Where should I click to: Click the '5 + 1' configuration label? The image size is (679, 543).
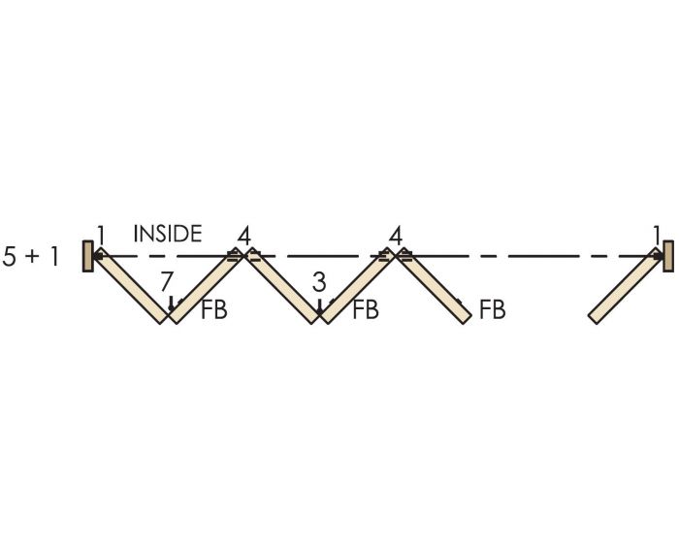click(32, 258)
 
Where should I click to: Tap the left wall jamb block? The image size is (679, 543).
click(87, 257)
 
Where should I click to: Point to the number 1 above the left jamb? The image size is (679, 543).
click(100, 236)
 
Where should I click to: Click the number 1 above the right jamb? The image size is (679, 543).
click(657, 235)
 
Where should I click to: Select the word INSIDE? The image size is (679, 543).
click(168, 234)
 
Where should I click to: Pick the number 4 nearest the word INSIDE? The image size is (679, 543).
click(243, 235)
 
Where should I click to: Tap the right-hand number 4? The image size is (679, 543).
click(395, 235)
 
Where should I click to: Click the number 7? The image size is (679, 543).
click(167, 282)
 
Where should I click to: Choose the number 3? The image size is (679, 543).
click(318, 283)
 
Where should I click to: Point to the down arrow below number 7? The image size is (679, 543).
click(172, 304)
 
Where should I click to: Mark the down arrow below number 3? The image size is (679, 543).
click(319, 306)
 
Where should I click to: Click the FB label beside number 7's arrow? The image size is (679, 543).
click(213, 311)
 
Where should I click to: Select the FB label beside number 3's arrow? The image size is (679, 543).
click(365, 311)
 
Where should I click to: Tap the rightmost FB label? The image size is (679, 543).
click(492, 311)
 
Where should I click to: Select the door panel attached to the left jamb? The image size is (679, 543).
click(130, 287)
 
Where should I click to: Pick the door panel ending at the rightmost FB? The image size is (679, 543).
click(434, 287)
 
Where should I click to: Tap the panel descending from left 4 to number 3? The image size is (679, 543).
click(280, 287)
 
